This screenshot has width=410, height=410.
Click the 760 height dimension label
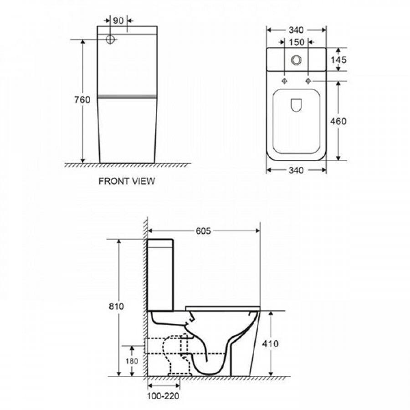(82, 100)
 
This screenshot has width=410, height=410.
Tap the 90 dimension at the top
(118, 20)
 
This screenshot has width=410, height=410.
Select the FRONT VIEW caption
(127, 181)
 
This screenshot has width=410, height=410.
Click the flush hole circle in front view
(110, 40)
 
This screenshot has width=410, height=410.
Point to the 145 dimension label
(338, 60)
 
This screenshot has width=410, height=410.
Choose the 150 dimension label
(297, 42)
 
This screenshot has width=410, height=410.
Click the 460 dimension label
(338, 121)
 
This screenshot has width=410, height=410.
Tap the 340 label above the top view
(296, 30)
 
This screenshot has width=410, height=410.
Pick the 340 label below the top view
(296, 170)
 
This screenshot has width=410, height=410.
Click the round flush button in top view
(296, 60)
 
